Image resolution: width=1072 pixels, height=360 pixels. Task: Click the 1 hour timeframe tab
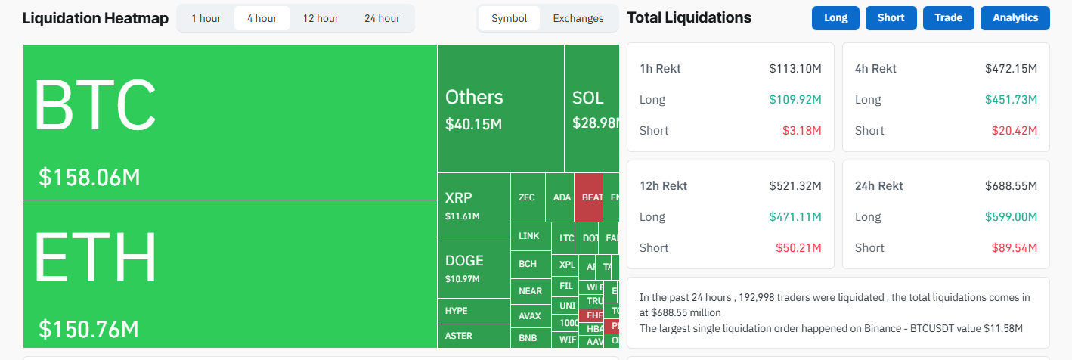(x=205, y=18)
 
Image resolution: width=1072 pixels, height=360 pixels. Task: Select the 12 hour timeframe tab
(x=321, y=18)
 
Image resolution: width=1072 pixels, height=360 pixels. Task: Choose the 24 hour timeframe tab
(x=382, y=18)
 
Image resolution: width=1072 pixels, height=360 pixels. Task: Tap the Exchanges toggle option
(x=578, y=18)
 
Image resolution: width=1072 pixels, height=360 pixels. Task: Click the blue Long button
(x=835, y=18)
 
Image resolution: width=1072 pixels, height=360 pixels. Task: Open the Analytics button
(x=1015, y=18)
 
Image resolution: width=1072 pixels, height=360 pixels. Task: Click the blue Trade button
(x=948, y=18)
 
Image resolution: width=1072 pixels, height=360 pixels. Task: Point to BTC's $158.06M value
(x=89, y=178)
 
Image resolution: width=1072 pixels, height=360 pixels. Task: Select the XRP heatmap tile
(x=473, y=205)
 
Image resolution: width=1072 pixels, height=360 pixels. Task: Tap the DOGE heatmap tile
(x=473, y=267)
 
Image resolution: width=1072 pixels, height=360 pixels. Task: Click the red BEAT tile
(x=589, y=197)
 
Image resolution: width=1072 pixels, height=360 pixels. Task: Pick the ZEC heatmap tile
(x=527, y=197)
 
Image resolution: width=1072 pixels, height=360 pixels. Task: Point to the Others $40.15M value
(x=473, y=124)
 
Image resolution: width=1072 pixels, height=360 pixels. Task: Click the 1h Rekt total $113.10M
(x=795, y=69)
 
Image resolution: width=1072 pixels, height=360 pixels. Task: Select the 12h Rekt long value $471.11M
(x=795, y=217)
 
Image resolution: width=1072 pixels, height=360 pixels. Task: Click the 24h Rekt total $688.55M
(x=1011, y=186)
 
